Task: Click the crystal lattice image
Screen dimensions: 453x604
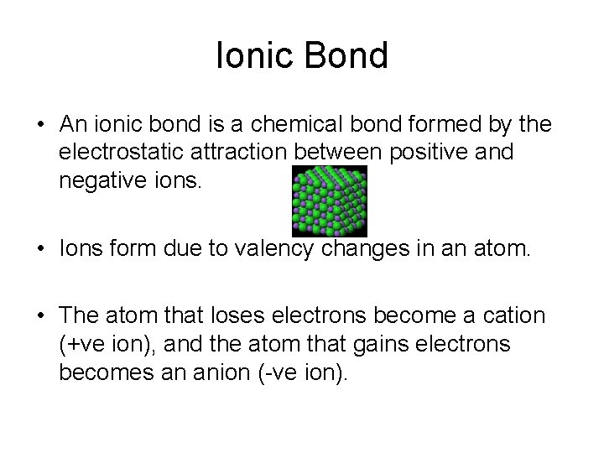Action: [x=328, y=200]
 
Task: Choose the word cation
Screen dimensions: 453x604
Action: [x=511, y=315]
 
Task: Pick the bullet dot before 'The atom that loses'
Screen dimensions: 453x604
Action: [x=40, y=316]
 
